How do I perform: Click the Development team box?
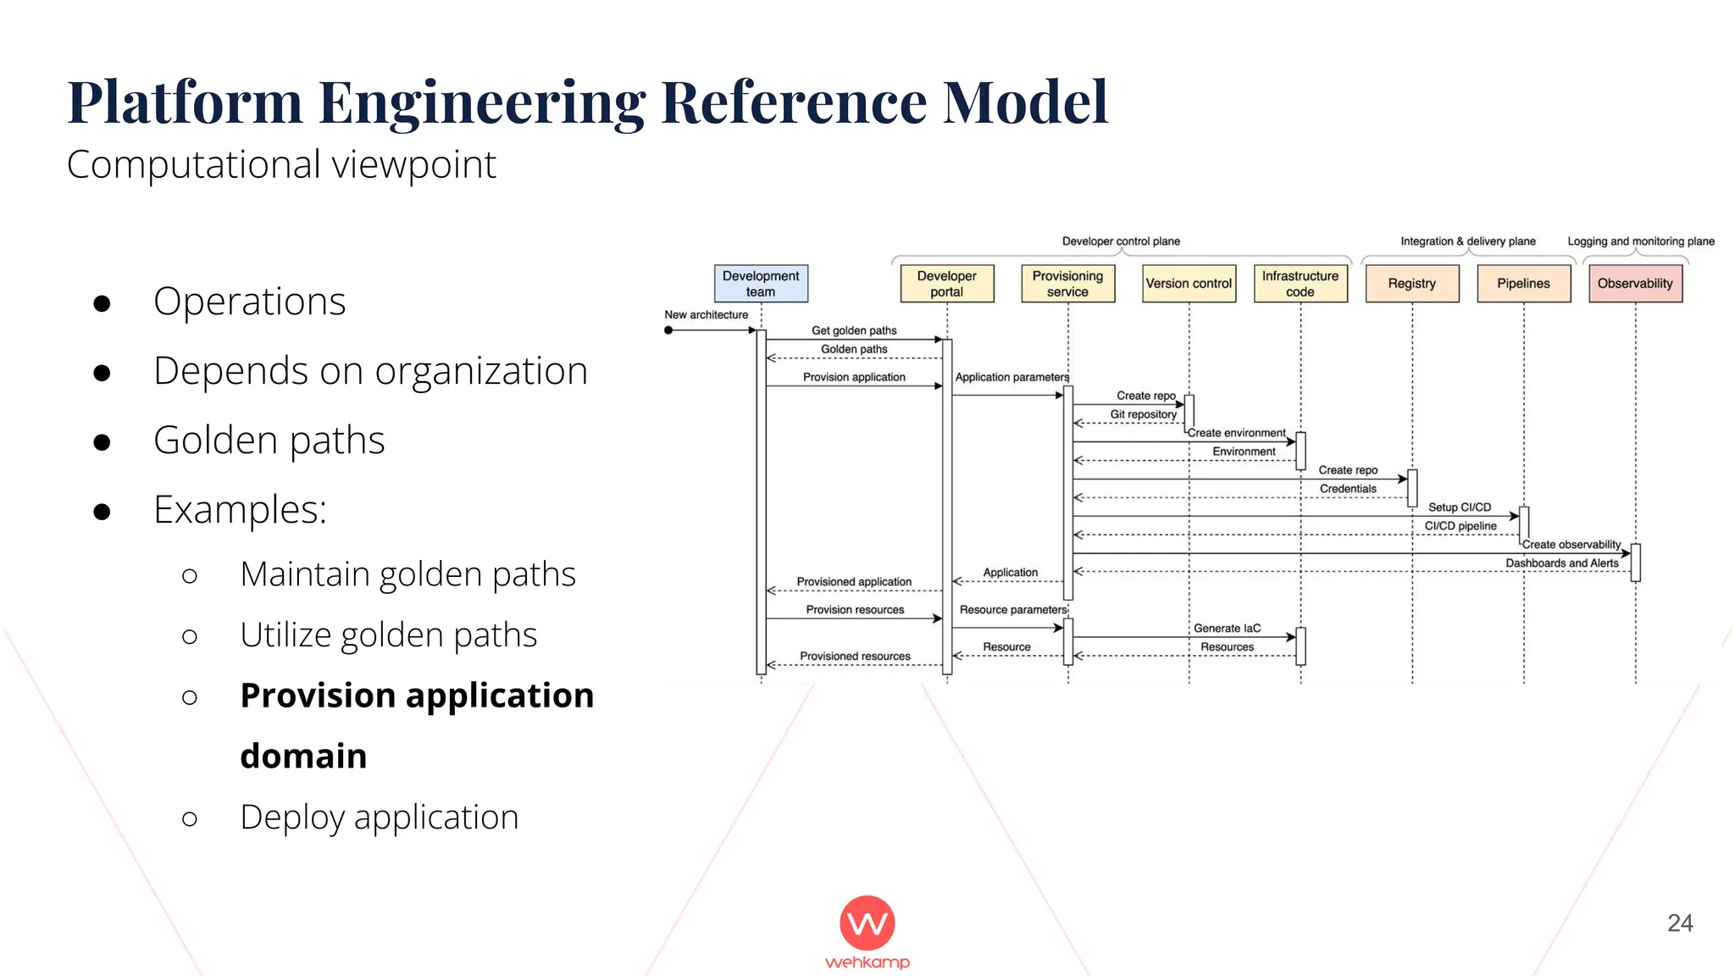pyautogui.click(x=761, y=284)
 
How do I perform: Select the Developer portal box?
pyautogui.click(x=946, y=284)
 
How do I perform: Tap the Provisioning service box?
pyautogui.click(x=1067, y=284)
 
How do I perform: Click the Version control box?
pyautogui.click(x=1189, y=284)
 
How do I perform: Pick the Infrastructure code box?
pyautogui.click(x=1300, y=284)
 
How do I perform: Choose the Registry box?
pyautogui.click(x=1411, y=284)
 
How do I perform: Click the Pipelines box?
pyautogui.click(x=1523, y=284)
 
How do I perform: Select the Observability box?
pyautogui.click(x=1635, y=284)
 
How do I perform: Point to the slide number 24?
pyautogui.click(x=1679, y=923)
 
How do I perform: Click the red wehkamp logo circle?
pyautogui.click(x=867, y=923)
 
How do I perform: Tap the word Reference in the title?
pyautogui.click(x=793, y=102)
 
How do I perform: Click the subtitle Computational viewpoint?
pyautogui.click(x=281, y=164)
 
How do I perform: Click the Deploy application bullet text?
pyautogui.click(x=379, y=817)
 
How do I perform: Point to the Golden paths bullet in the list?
pyautogui.click(x=269, y=441)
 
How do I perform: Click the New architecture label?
pyautogui.click(x=706, y=314)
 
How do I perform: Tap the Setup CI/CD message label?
pyautogui.click(x=1459, y=507)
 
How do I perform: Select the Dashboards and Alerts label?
pyautogui.click(x=1561, y=563)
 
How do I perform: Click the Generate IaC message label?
pyautogui.click(x=1227, y=628)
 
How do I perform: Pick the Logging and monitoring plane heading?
pyautogui.click(x=1640, y=241)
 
